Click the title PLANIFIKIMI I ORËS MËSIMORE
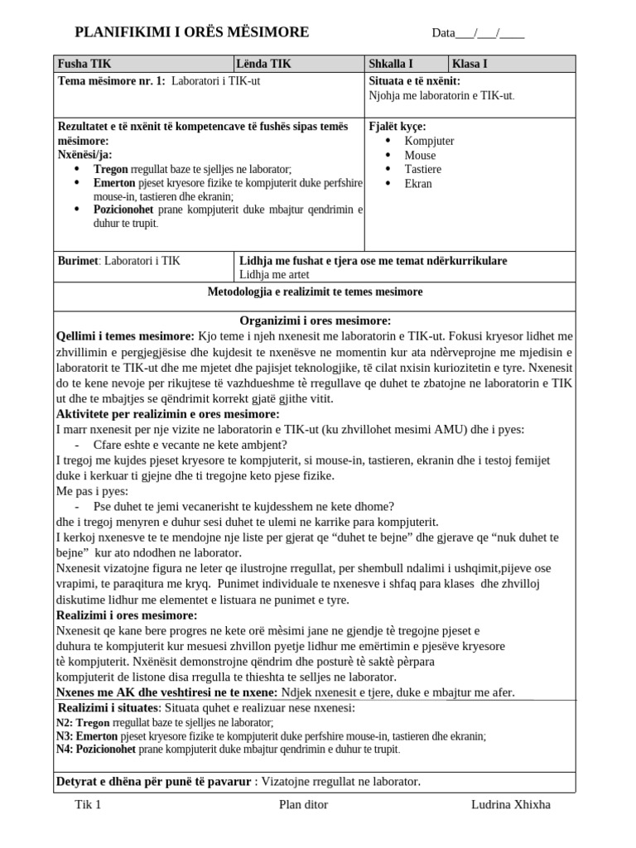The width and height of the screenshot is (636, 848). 191,32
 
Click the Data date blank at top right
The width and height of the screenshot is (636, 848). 478,33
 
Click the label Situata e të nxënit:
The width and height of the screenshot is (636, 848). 414,81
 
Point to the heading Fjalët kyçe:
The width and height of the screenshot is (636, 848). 397,127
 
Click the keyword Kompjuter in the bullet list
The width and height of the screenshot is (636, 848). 429,141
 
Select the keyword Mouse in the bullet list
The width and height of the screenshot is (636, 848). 420,155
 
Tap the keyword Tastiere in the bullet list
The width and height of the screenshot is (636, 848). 422,169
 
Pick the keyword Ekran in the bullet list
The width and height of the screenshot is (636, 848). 418,183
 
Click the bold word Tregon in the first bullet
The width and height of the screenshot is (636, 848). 111,169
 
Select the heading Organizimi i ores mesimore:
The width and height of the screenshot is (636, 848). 315,320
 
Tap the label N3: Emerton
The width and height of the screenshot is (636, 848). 87,735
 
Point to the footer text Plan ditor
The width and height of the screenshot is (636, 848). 303,804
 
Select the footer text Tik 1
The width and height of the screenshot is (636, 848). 87,804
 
